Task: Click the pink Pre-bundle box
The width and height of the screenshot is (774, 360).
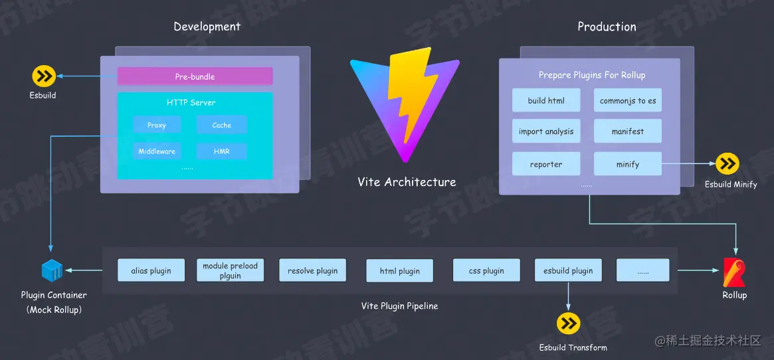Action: pos(195,76)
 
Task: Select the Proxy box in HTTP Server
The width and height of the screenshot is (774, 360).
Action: pos(157,125)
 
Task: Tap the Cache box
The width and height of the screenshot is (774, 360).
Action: pos(221,125)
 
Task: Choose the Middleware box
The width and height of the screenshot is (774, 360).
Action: pos(157,151)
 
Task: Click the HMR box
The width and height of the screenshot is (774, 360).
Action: pos(221,151)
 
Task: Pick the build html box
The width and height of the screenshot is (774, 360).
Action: pos(546,100)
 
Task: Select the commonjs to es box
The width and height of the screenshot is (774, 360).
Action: pos(628,100)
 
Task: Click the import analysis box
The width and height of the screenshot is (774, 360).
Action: pos(546,132)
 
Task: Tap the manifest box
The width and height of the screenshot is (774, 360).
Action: pos(628,132)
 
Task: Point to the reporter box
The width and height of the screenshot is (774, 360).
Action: pos(546,164)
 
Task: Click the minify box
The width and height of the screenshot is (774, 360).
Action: pos(628,164)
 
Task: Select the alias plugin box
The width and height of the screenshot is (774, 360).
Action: pos(151,270)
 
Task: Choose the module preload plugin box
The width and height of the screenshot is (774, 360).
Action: pos(230,270)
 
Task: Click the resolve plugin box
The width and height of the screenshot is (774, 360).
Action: pos(312,270)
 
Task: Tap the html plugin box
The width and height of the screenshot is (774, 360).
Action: pos(400,271)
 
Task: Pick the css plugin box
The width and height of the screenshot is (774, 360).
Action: pos(486,270)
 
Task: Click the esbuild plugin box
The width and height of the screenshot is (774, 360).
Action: pos(568,270)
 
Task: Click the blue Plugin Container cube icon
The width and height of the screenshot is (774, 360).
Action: pos(52,271)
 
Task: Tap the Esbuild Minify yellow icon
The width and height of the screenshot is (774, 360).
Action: pos(727,163)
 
